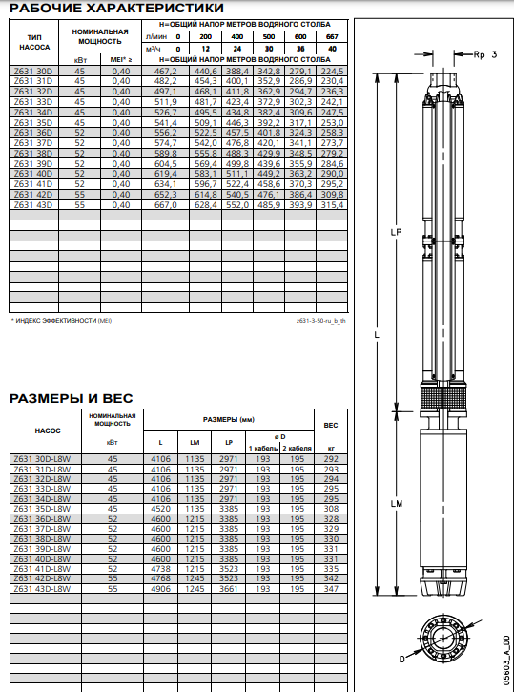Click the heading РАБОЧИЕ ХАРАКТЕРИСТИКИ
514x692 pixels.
tap(116, 8)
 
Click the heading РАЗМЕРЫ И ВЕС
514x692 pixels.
tap(71, 398)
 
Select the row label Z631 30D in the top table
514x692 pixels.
tap(33, 71)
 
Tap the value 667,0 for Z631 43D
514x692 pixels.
tap(165, 205)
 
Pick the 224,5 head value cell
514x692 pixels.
tap(332, 71)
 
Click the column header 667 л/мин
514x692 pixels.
tap(332, 36)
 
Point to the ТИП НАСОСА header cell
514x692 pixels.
tap(34, 42)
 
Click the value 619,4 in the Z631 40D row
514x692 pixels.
tap(165, 174)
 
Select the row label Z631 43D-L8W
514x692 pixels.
tap(42, 589)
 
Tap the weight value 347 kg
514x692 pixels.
tap(331, 589)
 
